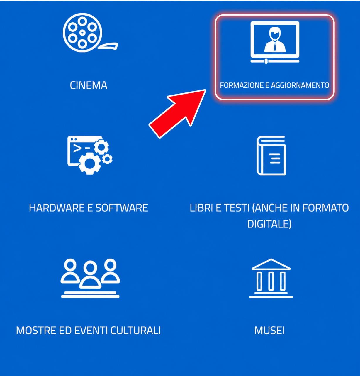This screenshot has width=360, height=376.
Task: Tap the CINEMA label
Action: tap(89, 85)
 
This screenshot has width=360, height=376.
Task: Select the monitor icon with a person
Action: tap(275, 42)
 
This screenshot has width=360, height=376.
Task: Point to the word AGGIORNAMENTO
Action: tap(300, 85)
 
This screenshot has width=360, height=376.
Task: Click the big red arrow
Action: tap(177, 114)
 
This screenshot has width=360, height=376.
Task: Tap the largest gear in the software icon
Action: tap(90, 163)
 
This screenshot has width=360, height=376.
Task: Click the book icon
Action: tap(271, 156)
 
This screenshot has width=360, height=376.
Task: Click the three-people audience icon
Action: tap(90, 278)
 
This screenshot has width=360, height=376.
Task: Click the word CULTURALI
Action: tap(135, 331)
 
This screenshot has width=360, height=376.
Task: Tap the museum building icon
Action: tap(271, 278)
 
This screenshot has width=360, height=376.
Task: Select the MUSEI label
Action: tap(269, 331)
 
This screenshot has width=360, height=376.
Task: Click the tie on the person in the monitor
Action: tap(275, 46)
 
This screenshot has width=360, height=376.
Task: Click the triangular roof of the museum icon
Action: tap(271, 264)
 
